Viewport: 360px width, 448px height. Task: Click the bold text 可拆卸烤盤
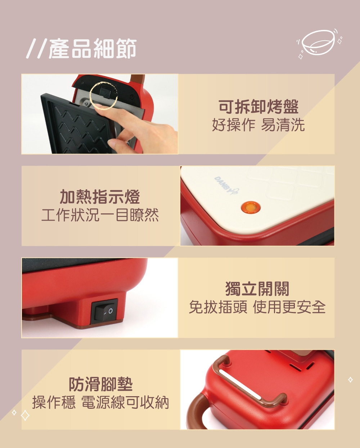click(258, 107)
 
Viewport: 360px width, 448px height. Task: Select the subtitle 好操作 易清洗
click(258, 125)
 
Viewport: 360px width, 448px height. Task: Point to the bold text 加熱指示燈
click(100, 197)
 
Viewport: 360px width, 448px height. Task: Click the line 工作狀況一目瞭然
click(100, 215)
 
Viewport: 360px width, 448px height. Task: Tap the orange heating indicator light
click(251, 208)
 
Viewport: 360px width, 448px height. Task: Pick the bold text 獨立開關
click(257, 289)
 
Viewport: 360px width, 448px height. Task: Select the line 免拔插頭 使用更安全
click(257, 307)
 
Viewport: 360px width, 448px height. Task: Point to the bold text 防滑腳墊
click(100, 384)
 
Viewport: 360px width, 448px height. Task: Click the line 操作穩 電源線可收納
click(100, 402)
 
